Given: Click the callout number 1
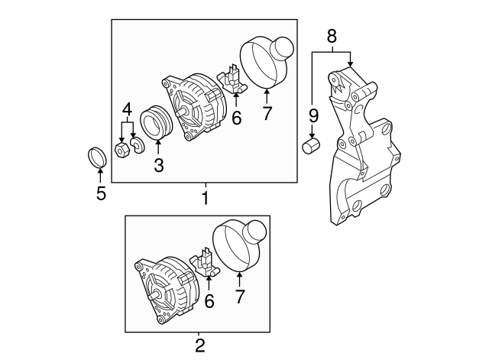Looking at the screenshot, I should pos(205,199).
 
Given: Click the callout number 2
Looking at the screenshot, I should pos(200,345).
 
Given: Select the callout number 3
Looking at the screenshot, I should pos(159,164).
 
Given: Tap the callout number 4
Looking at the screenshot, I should pos(128,108).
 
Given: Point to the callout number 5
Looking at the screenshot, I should pos(101,193).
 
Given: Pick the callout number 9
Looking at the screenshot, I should pos(313,115).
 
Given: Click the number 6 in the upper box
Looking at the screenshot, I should pos(236,118).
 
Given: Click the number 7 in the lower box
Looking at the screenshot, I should pos(241,297).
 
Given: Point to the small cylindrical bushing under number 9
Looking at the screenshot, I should pos(312,145).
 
